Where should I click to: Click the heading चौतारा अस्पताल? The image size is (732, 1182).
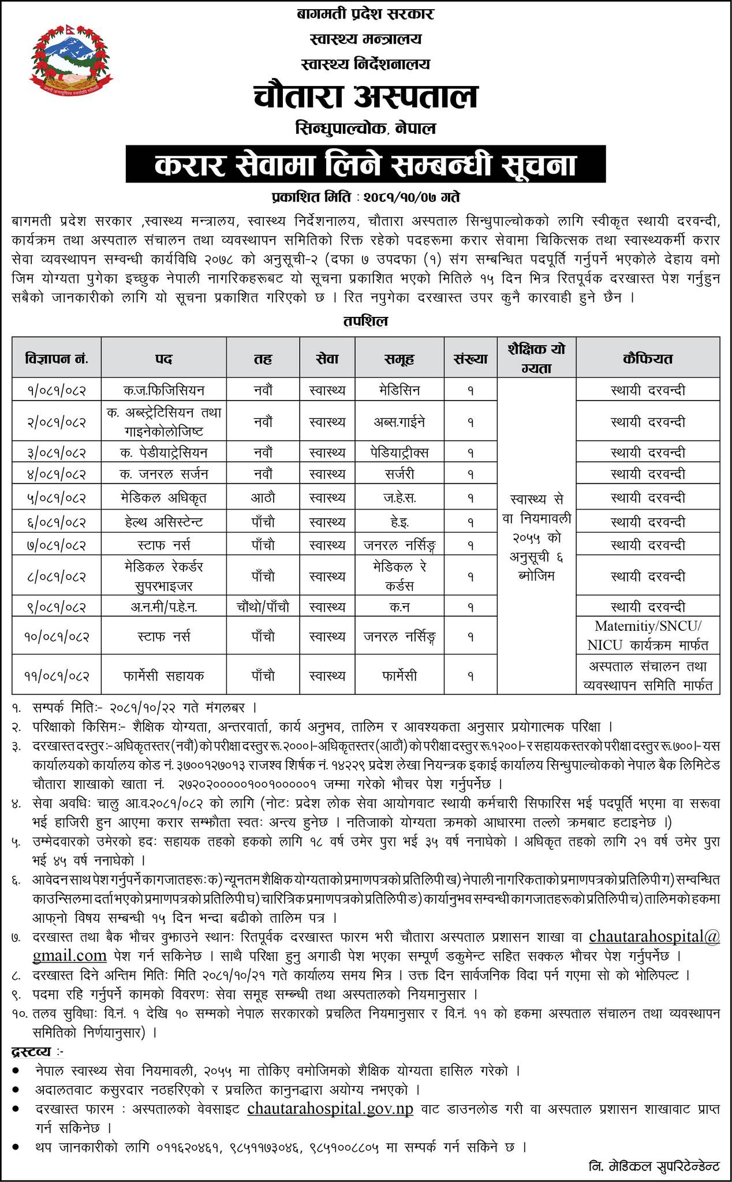coord(365,96)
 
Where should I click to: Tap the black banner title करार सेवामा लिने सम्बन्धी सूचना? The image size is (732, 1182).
coord(366,164)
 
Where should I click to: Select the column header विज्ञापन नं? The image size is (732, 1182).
coord(57,358)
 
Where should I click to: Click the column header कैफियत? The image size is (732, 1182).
coord(648,358)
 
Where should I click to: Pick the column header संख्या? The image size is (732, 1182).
coord(470,358)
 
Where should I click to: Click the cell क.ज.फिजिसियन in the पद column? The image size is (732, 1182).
coord(164,390)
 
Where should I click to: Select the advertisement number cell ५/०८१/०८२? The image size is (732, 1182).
coord(57,498)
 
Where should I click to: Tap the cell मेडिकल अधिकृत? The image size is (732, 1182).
coord(164,498)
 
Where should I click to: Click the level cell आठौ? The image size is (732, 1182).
coord(263,498)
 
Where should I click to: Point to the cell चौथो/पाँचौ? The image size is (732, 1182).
coord(263,607)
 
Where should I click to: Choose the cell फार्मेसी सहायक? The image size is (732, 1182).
coord(164,675)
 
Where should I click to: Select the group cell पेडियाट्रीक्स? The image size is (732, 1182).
coord(399,452)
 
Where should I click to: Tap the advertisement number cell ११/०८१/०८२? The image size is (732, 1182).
coord(57,675)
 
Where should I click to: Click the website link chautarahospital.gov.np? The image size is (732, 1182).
coord(330,1109)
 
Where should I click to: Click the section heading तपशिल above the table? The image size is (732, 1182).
coord(366,321)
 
